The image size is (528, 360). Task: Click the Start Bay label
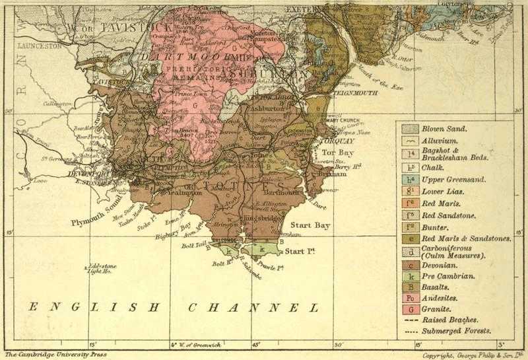pyautogui.click(x=312, y=225)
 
